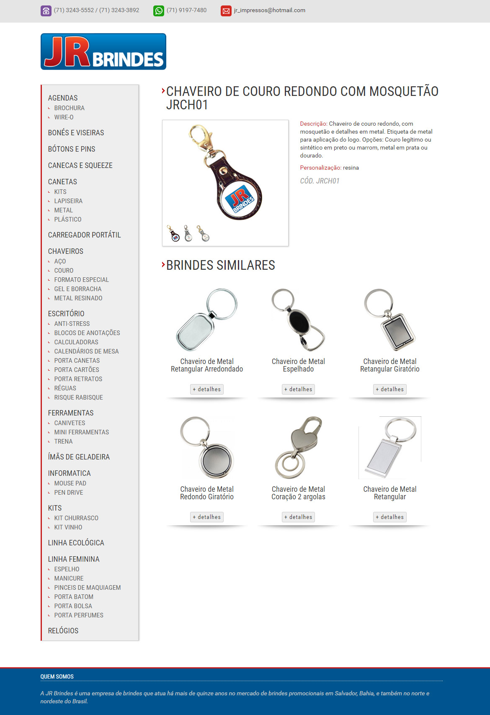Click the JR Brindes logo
103,52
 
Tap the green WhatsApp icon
159,10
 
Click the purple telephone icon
46,10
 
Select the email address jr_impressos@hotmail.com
269,10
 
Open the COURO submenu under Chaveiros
64,271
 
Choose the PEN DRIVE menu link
69,493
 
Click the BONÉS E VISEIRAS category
76,133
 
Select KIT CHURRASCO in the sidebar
76,518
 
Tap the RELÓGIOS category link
63,631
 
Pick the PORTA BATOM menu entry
74,597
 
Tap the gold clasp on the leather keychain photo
200,138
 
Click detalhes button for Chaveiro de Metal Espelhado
298,389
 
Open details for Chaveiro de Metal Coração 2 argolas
298,517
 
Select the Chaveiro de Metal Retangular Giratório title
389,365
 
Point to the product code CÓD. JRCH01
320,181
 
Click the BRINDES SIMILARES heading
221,265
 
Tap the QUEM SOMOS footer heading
57,676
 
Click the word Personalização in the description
320,168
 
